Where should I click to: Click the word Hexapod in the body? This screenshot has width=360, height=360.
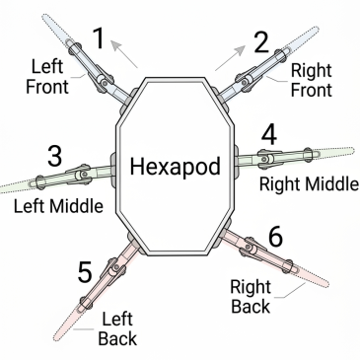tap(175, 167)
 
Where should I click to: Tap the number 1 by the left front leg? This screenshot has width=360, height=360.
tap(99, 38)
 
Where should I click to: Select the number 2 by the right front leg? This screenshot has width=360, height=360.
tap(261, 42)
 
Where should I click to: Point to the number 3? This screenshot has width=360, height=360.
tap(54, 156)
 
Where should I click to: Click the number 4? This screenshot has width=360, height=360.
tap(269, 135)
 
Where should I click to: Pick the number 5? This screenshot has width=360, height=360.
tap(85, 272)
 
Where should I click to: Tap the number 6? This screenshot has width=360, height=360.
tap(275, 237)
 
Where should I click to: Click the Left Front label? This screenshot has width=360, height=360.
tap(47, 76)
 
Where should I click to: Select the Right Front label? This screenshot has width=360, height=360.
tap(312, 80)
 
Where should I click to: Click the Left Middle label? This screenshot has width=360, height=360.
tap(58, 206)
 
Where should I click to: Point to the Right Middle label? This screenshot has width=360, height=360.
tap(309, 184)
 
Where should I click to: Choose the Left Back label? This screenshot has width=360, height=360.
tap(117, 328)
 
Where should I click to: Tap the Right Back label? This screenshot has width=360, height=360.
tap(251, 297)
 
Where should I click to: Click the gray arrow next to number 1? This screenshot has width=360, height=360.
tap(124, 53)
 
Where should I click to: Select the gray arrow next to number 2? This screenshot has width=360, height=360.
tap(230, 58)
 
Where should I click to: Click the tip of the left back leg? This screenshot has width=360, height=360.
tap(56, 338)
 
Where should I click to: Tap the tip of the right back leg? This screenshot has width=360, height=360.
tap(326, 283)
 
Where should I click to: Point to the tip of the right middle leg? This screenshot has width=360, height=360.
tap(352, 151)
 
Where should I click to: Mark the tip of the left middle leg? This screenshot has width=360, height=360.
tap(2, 188)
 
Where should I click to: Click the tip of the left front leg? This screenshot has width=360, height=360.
tap(45, 17)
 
